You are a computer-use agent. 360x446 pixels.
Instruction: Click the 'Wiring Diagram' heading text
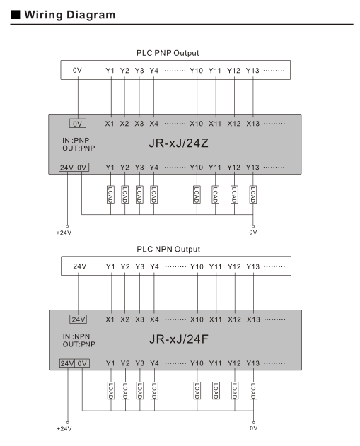click(70, 15)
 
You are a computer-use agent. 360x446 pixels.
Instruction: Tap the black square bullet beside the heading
click(16, 15)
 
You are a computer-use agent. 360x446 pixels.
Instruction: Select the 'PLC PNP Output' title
click(168, 53)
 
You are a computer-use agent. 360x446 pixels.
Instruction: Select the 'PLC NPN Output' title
click(168, 250)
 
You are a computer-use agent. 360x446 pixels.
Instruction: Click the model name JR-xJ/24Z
click(178, 143)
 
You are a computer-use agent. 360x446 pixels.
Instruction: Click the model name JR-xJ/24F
click(178, 339)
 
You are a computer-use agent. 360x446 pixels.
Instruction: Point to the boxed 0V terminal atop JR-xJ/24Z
click(78, 124)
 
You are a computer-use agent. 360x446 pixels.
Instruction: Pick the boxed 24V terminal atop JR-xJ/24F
click(79, 319)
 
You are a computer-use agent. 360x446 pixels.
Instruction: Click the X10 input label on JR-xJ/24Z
click(197, 124)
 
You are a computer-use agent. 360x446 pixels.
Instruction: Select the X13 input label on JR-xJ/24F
click(253, 319)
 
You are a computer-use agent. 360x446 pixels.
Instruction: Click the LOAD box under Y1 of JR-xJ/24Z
click(110, 194)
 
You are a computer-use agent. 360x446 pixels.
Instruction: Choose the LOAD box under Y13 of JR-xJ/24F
click(253, 391)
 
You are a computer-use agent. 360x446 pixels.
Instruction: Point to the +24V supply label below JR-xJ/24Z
click(64, 233)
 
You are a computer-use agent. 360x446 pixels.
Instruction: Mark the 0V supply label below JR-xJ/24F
click(253, 428)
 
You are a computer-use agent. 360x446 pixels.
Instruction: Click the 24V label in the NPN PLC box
click(80, 266)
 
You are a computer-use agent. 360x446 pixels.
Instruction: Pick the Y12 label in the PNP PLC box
click(233, 71)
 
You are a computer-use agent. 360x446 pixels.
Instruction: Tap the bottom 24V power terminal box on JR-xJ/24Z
click(66, 168)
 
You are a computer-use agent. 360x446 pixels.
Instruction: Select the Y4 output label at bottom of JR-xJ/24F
click(154, 363)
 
